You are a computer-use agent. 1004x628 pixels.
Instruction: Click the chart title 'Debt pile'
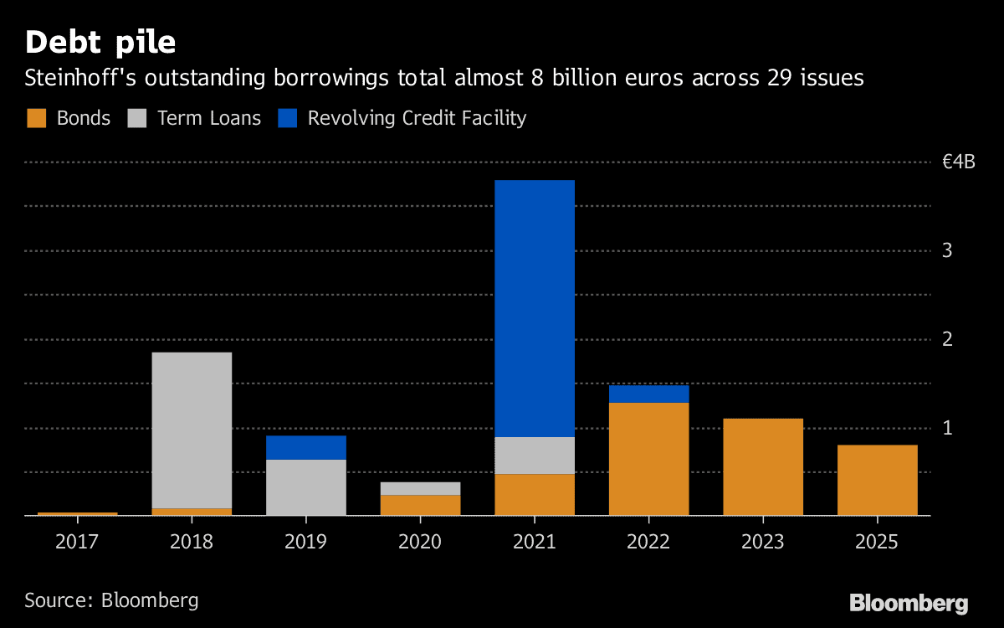click(x=100, y=42)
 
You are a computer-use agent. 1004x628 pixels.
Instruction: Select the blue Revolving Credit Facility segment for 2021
click(x=535, y=308)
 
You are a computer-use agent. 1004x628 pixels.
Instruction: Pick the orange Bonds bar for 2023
click(x=763, y=466)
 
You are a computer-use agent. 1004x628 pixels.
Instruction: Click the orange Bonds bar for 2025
click(x=877, y=480)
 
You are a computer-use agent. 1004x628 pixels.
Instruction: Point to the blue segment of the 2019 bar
click(x=306, y=447)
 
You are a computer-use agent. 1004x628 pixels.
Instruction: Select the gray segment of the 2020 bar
click(x=420, y=488)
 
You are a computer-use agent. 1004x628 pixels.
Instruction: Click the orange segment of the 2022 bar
click(x=648, y=459)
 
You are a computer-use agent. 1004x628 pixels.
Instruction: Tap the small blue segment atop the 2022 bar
click(x=648, y=394)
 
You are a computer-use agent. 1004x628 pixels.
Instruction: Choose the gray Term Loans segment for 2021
click(x=535, y=456)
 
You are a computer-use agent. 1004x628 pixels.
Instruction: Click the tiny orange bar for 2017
click(x=78, y=513)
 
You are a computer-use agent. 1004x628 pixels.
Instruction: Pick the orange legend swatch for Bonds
click(x=36, y=118)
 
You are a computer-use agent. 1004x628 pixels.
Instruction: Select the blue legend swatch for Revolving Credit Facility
click(x=287, y=118)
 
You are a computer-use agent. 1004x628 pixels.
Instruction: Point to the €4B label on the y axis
click(x=958, y=162)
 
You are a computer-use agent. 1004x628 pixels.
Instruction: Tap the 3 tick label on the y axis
click(x=948, y=250)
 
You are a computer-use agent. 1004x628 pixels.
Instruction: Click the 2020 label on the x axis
click(x=420, y=542)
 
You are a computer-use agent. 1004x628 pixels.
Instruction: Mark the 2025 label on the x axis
click(x=877, y=542)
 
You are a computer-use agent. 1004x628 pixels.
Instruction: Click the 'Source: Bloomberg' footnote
click(x=111, y=600)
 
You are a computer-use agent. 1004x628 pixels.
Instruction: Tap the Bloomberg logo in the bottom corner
click(x=909, y=603)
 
